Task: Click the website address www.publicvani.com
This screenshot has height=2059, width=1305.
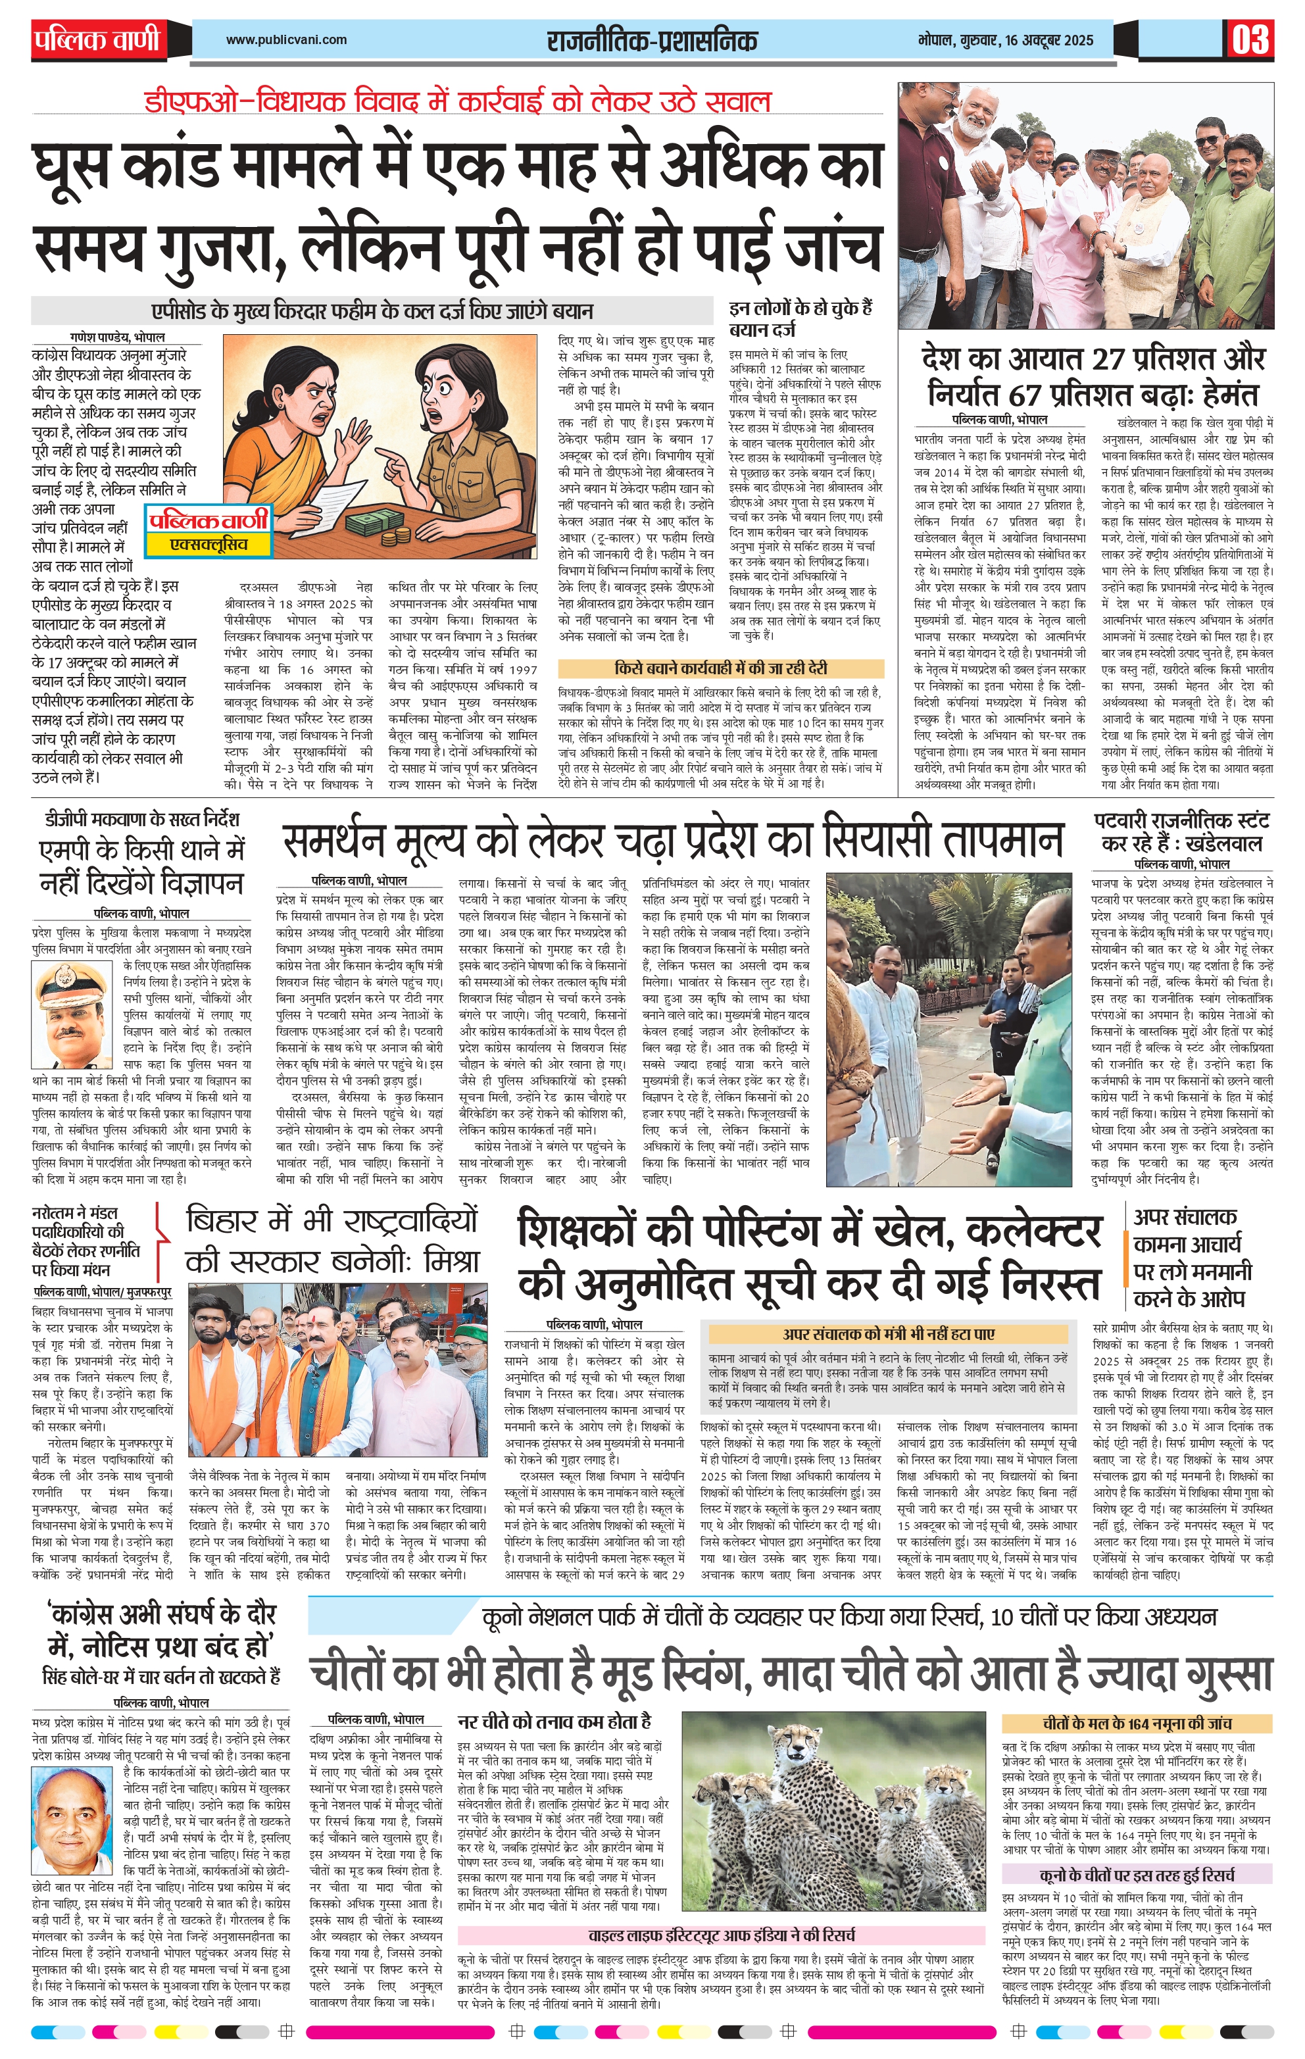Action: tap(287, 39)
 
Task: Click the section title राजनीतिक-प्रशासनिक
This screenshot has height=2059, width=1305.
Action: tap(652, 40)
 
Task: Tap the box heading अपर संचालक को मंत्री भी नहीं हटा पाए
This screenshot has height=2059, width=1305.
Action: tap(888, 1333)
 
